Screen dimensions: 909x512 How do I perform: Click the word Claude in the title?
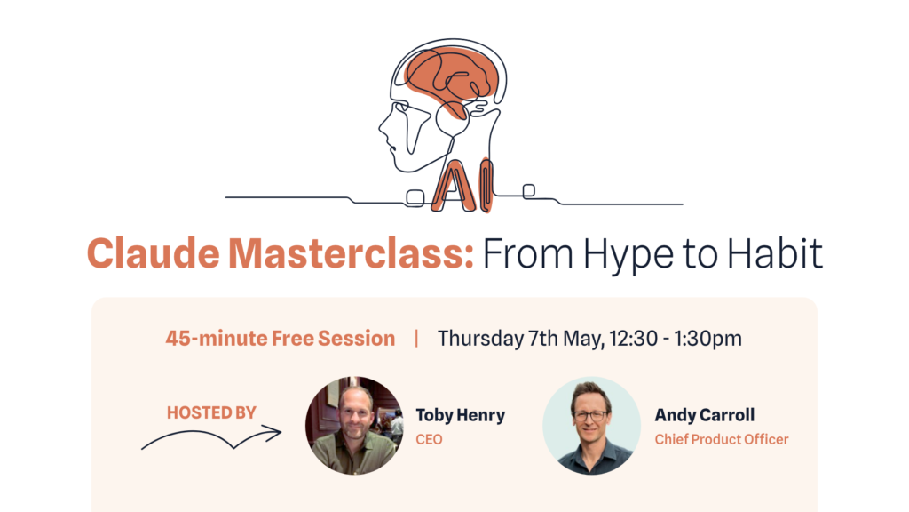154,253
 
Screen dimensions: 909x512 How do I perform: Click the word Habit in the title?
775,253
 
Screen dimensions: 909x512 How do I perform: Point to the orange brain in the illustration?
451,76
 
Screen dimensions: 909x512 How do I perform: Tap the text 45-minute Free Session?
280,338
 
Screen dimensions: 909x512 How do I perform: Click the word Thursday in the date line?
480,339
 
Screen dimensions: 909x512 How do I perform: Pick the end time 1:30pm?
707,339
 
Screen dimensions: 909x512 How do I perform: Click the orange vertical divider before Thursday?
416,338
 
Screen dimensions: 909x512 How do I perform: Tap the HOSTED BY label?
211,412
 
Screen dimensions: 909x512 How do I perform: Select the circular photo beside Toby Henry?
354,426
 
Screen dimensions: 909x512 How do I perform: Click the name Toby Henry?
461,415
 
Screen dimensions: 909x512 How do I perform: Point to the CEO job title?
429,439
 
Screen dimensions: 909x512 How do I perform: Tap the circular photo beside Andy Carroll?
591,426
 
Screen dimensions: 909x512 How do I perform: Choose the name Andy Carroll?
704,415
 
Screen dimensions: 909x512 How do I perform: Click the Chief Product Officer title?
722,439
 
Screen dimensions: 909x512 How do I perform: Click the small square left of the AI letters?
415,197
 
